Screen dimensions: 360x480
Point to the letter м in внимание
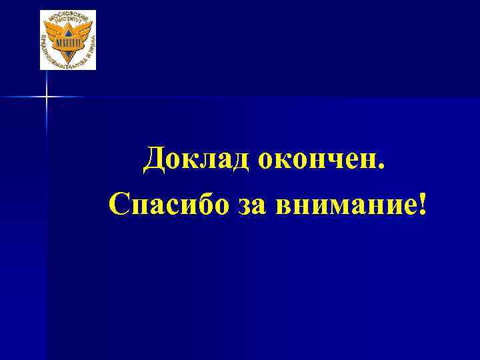(345, 206)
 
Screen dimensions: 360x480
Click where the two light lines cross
(47, 97)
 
